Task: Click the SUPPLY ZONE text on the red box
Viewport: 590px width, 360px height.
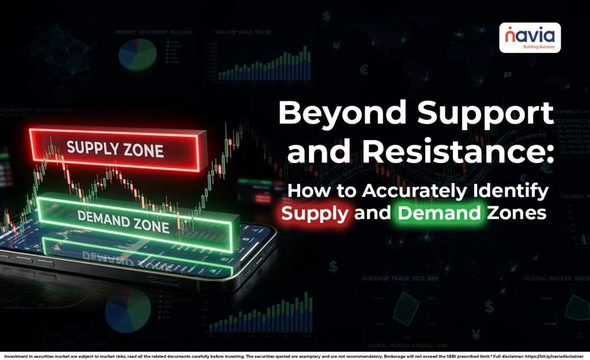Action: pos(115,149)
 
